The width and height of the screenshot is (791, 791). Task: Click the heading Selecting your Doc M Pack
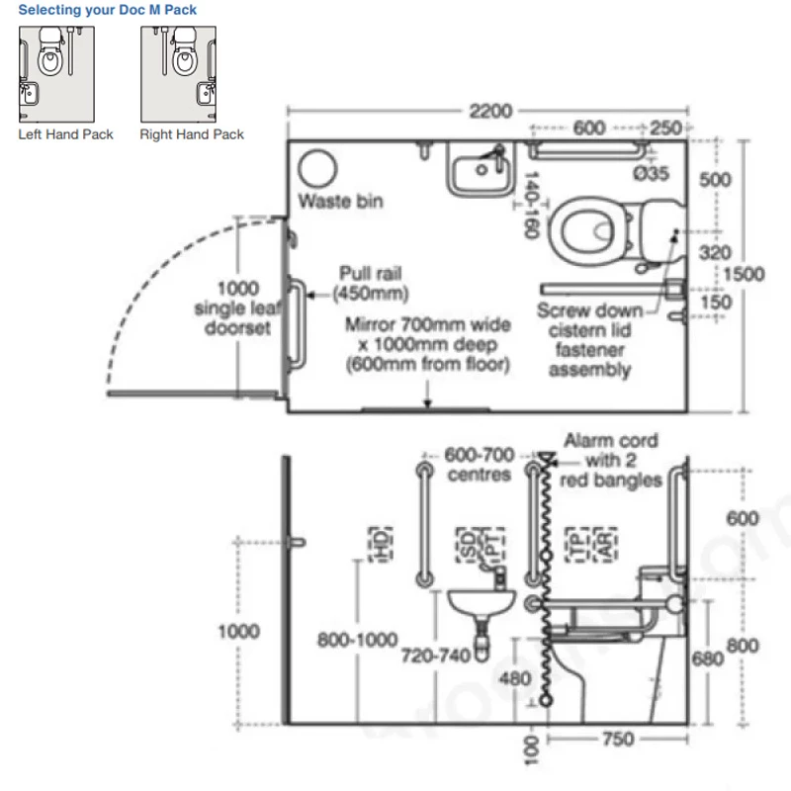click(x=108, y=10)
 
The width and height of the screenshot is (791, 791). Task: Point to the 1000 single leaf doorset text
click(x=237, y=308)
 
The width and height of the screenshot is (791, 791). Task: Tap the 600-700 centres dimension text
click(x=480, y=465)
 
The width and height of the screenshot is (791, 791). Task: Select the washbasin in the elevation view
click(x=481, y=601)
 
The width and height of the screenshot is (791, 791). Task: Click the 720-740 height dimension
click(x=436, y=655)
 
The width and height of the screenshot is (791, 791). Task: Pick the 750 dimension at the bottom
click(x=618, y=740)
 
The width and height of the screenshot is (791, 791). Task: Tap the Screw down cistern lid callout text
click(x=589, y=339)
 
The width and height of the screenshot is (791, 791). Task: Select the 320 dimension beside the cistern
click(x=715, y=254)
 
